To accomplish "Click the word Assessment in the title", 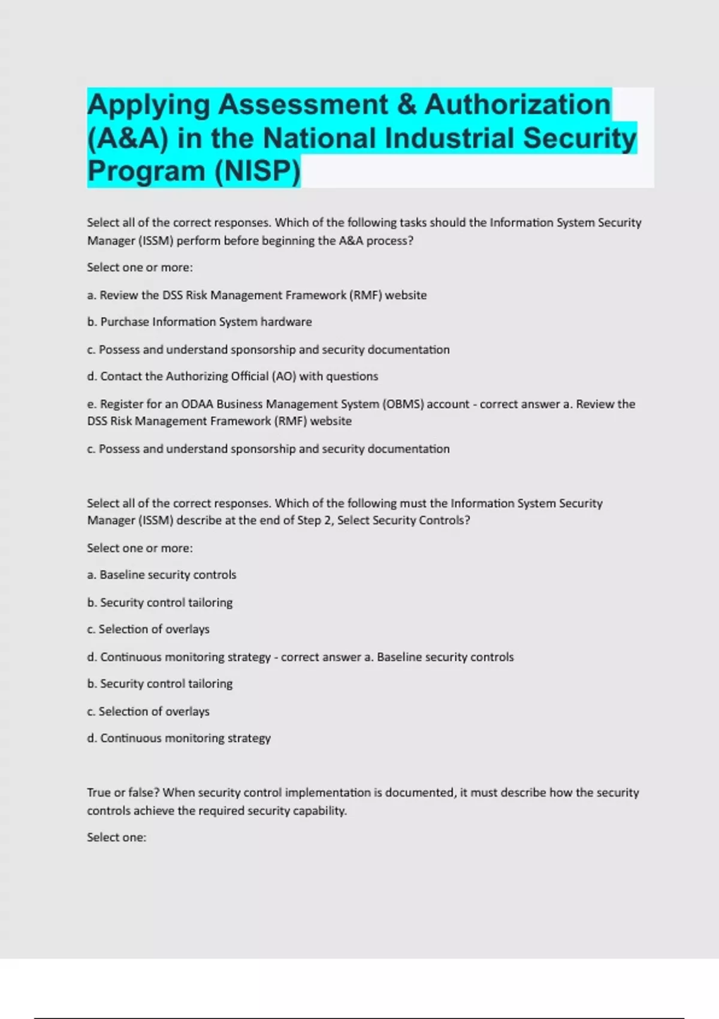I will tap(303, 105).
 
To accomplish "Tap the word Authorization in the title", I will tap(518, 105).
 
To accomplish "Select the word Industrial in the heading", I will tap(450, 138).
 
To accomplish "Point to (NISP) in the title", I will tap(256, 171).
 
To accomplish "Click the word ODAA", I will tap(197, 404).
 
